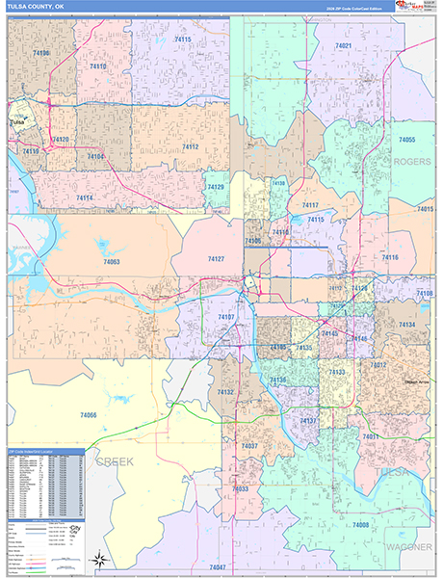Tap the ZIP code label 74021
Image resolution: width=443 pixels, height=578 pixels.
tap(344, 45)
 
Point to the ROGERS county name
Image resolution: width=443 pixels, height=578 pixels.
tap(411, 162)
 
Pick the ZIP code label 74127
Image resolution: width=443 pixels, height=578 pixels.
tap(217, 258)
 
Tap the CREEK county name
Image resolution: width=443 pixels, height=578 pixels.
tap(115, 462)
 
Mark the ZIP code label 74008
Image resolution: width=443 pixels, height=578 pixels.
tap(361, 524)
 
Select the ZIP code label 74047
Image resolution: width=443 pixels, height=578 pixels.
tap(218, 567)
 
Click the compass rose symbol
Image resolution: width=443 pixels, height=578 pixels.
tap(100, 559)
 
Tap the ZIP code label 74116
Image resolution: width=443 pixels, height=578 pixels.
tap(390, 257)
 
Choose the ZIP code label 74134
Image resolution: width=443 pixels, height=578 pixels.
tap(407, 326)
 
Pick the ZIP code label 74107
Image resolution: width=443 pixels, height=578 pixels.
tap(226, 316)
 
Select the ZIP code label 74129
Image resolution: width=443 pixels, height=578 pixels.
tap(216, 187)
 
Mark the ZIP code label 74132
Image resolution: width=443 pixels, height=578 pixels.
tap(225, 392)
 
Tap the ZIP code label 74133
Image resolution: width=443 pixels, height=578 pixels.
tap(337, 371)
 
